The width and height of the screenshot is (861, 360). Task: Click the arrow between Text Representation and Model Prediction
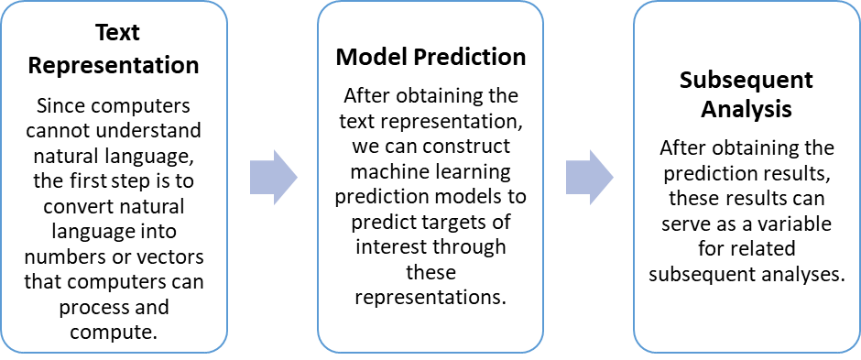pos(274,178)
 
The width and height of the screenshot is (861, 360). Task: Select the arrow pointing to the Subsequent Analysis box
pos(590,178)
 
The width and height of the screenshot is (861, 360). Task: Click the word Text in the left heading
pos(117,33)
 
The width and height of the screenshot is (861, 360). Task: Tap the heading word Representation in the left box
pos(114,65)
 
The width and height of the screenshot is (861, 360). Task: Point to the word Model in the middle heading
pos(365,57)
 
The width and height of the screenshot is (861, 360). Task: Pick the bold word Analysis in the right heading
pos(746,109)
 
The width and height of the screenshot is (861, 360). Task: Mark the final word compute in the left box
pos(114,332)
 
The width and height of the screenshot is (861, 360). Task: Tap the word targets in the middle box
pos(445,223)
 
